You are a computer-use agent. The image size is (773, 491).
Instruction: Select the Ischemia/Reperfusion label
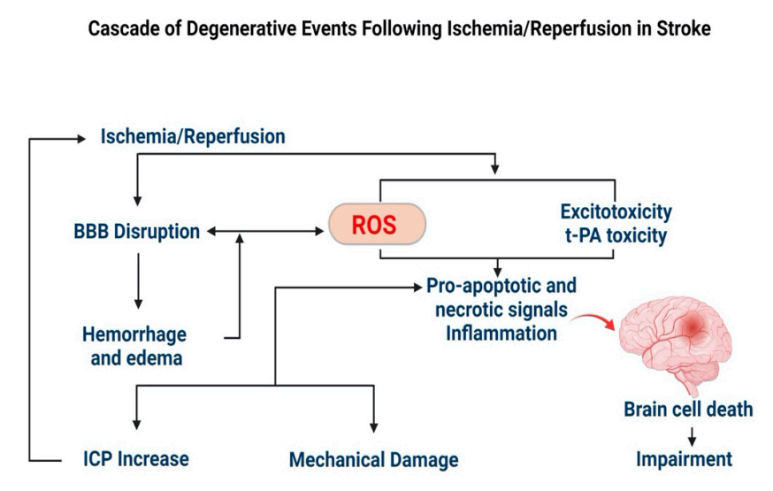click(x=193, y=137)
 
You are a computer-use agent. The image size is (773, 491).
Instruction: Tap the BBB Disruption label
click(x=137, y=232)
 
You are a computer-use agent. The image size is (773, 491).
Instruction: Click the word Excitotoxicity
click(x=616, y=212)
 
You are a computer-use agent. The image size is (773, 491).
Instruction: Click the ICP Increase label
click(x=130, y=459)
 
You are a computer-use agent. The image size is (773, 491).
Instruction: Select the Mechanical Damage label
click(x=374, y=460)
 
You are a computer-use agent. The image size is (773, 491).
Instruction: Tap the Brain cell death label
click(x=688, y=409)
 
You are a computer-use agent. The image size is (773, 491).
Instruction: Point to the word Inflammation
click(x=501, y=334)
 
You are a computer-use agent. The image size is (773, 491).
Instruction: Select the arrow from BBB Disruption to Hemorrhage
click(x=137, y=281)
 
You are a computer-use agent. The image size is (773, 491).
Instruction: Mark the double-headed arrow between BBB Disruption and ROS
click(x=264, y=232)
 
